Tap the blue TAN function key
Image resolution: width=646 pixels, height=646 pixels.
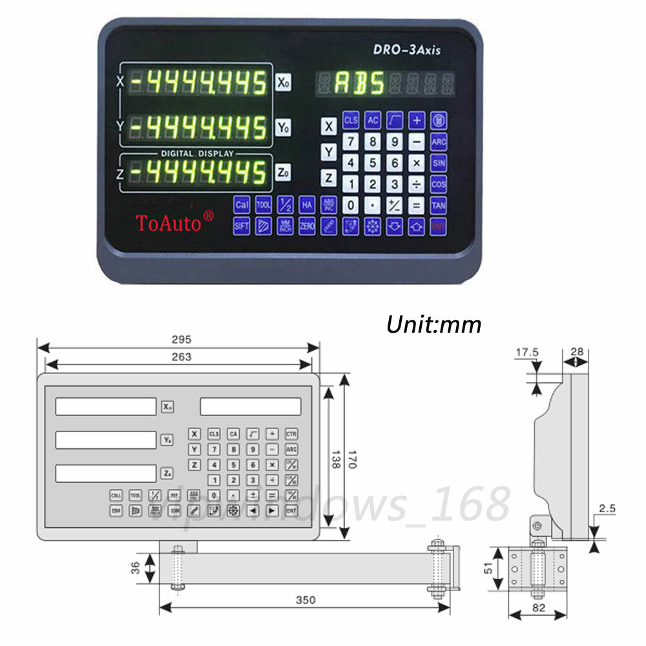click(x=439, y=205)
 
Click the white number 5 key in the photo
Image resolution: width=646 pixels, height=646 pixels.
click(x=373, y=163)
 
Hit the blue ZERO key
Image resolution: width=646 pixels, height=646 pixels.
click(x=307, y=226)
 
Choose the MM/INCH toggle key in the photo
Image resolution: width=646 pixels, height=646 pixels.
click(x=285, y=226)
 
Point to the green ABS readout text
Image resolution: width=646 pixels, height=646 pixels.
click(x=359, y=83)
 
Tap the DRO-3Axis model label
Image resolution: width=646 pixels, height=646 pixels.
click(x=407, y=50)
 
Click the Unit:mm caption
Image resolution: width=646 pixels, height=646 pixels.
click(x=433, y=324)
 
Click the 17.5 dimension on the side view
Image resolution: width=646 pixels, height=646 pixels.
click(x=526, y=352)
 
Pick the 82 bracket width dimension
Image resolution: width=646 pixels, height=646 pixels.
click(x=539, y=607)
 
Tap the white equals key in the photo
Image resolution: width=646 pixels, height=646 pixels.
click(x=417, y=206)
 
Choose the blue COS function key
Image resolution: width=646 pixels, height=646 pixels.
click(x=439, y=184)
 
